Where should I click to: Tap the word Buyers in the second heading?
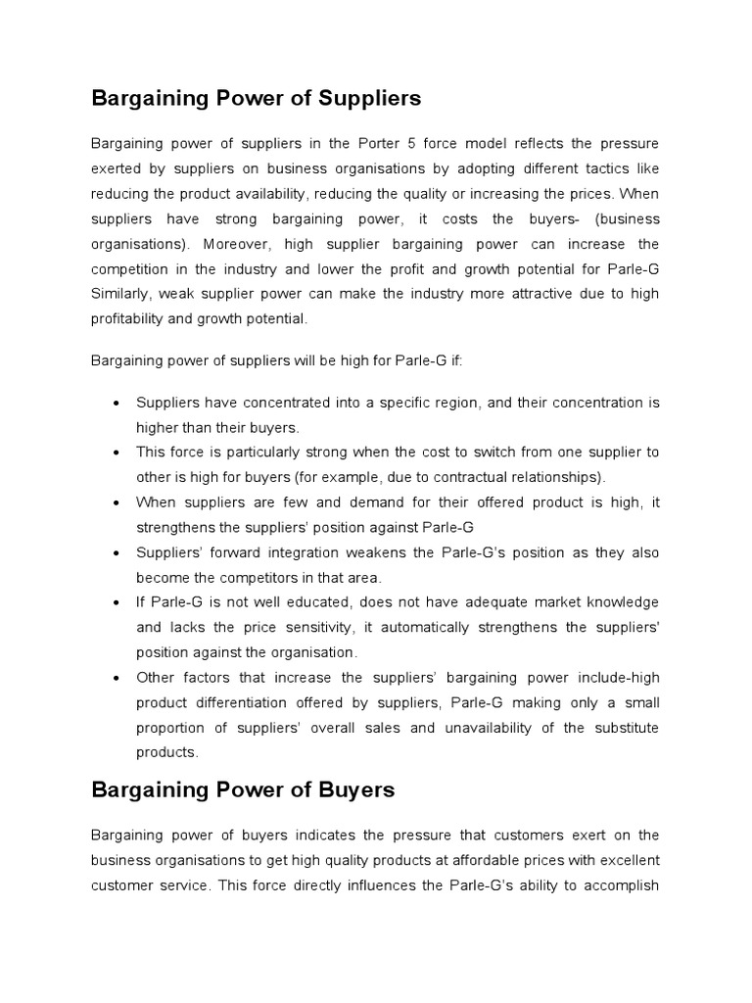coord(348,789)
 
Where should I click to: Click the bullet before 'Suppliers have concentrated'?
coord(117,404)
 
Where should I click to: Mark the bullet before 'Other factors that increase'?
coord(117,677)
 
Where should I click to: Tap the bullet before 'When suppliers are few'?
coord(117,502)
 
